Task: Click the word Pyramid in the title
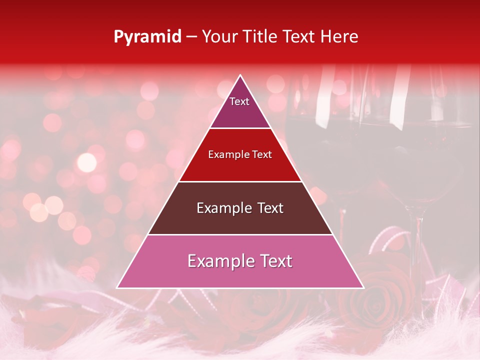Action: (x=147, y=37)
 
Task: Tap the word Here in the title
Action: (x=340, y=36)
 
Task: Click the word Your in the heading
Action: (x=219, y=36)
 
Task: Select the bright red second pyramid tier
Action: (x=240, y=167)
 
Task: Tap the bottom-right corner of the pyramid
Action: (x=362, y=287)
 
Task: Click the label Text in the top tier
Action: (x=239, y=101)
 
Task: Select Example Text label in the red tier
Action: (x=240, y=154)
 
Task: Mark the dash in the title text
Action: (x=191, y=37)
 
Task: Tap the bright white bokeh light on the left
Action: (x=87, y=162)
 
